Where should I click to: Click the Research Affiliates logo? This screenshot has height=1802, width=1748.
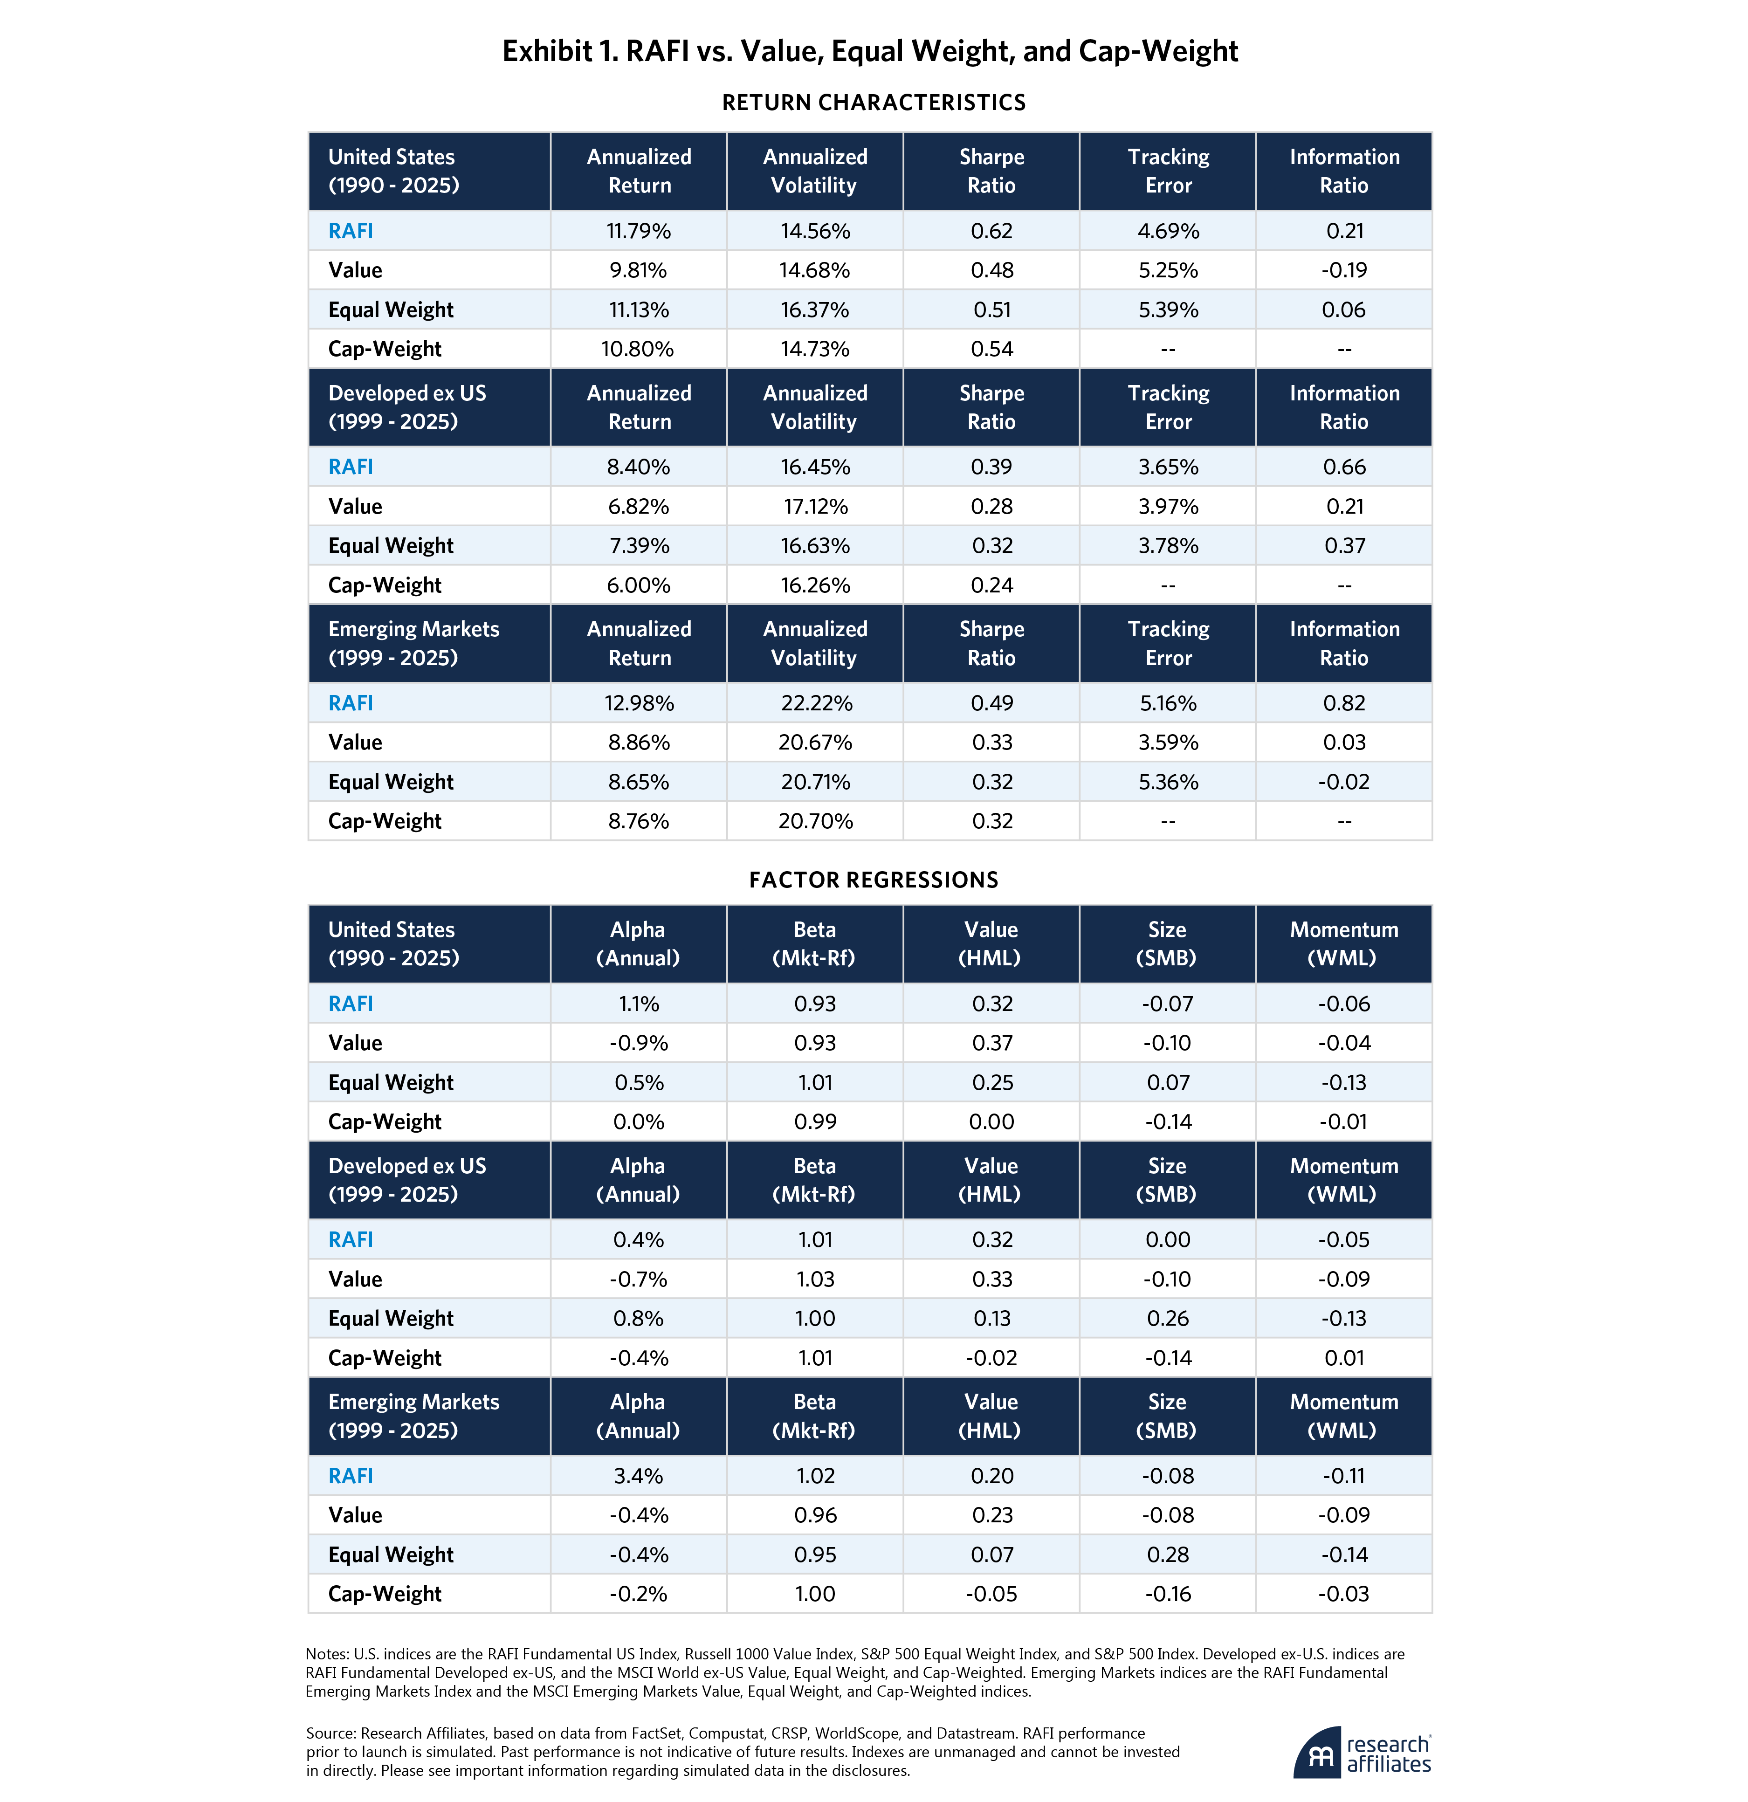coord(1362,1752)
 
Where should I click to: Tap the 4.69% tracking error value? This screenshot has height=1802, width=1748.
coord(1168,231)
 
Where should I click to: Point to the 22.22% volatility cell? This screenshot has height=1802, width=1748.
coord(815,703)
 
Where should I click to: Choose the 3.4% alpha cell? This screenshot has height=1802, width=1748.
coord(638,1476)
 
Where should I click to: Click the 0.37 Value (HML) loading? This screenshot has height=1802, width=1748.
coord(991,1043)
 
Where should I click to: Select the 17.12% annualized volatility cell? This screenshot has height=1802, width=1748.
coord(815,507)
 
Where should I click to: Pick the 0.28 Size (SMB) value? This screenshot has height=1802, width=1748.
coord(1168,1554)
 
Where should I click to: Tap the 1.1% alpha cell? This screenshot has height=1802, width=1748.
coord(638,1004)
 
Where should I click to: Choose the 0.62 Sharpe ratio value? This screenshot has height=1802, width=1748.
coord(991,231)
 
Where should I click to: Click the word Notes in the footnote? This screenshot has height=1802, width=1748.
coord(326,1654)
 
